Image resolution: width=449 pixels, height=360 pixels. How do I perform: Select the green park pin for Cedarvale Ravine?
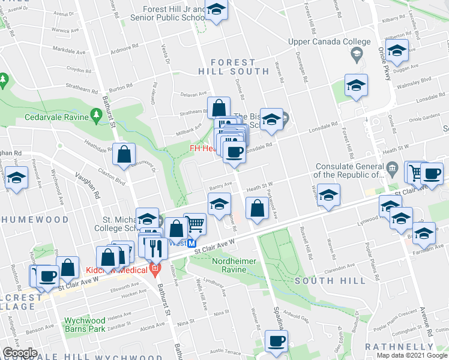click(96, 113)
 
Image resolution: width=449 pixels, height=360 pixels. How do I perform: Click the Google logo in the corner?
click(20, 353)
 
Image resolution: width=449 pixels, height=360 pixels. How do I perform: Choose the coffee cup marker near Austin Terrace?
click(276, 341)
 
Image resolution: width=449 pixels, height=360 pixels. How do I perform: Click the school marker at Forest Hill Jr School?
click(216, 10)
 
